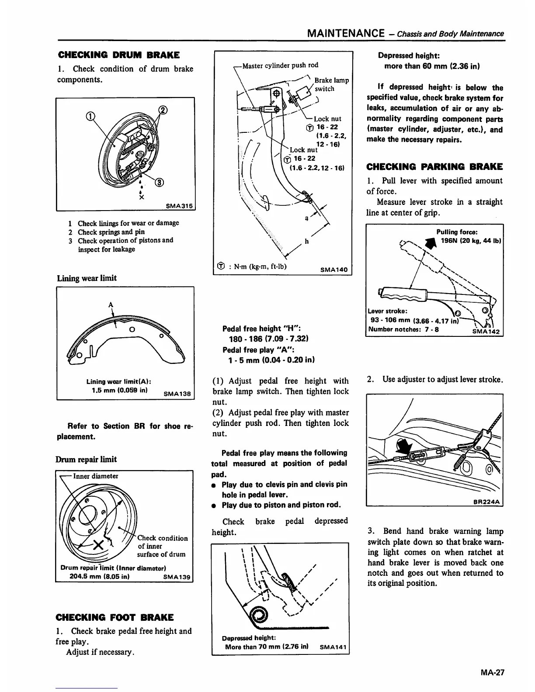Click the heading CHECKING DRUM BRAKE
tap(118, 55)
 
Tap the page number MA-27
tap(491, 673)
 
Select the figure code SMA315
tap(180, 206)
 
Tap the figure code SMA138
tap(177, 393)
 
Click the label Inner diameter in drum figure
tap(95, 476)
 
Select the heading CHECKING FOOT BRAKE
tap(115, 617)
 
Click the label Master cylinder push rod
tap(280, 65)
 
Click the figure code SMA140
tap(334, 270)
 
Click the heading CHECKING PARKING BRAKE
tap(434, 166)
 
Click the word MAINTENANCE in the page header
tap(346, 33)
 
